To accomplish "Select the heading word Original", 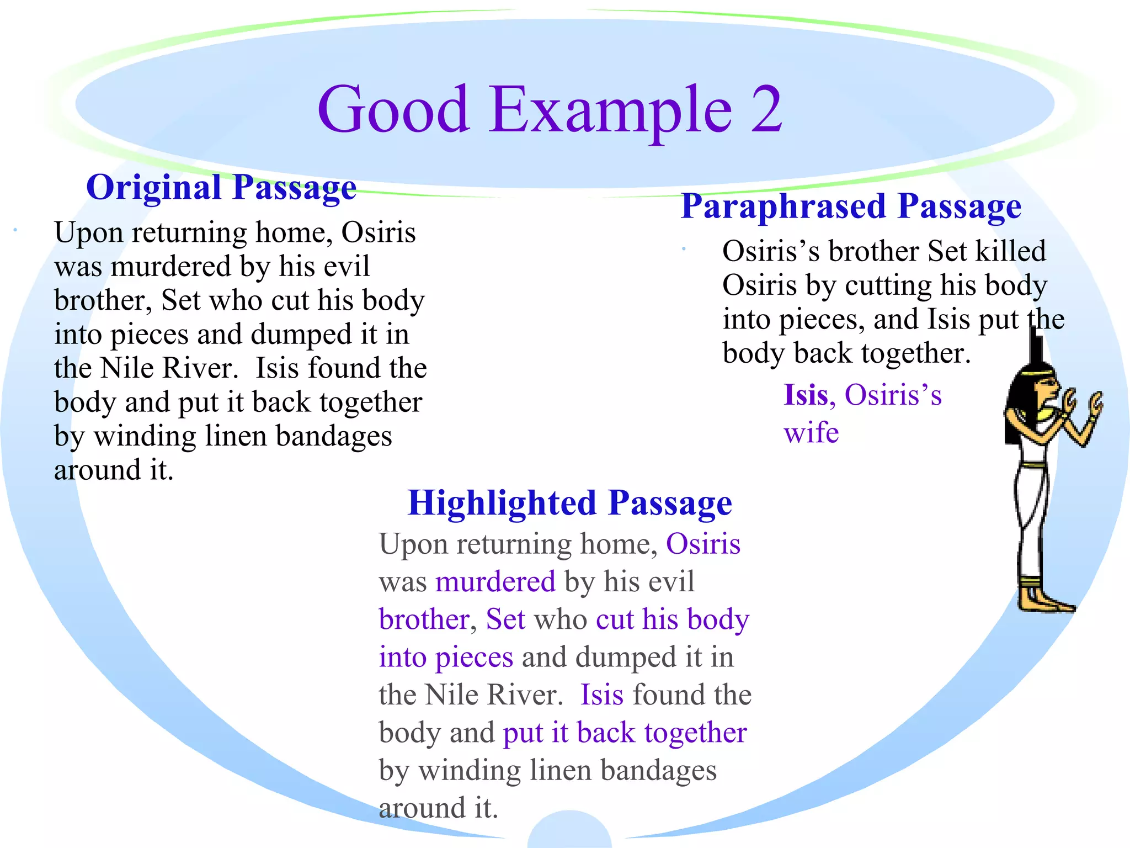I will click(154, 187).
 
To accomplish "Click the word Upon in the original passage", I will click(88, 233).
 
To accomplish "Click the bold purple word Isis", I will click(806, 395).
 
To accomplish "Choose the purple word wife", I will click(811, 432).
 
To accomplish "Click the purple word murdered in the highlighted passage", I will click(495, 582).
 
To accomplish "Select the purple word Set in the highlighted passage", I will click(505, 619).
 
